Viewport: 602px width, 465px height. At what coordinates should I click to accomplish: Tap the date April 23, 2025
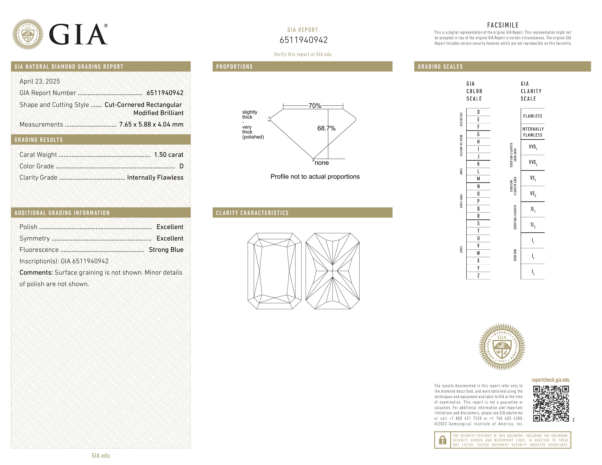click(x=40, y=81)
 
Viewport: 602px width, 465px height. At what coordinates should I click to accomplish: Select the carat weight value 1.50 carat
click(x=168, y=154)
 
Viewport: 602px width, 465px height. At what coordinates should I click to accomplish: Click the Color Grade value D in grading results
click(x=181, y=166)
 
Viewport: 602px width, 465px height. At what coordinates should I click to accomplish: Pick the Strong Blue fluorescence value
click(x=166, y=250)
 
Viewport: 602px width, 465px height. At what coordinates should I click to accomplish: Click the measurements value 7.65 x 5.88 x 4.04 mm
click(x=151, y=124)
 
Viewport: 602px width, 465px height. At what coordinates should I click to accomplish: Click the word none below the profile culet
click(x=321, y=163)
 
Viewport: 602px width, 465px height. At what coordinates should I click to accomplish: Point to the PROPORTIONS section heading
click(x=234, y=67)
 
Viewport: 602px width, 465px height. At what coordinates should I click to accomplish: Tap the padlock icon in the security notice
click(x=442, y=440)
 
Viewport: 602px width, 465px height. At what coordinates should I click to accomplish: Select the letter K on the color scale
click(x=478, y=164)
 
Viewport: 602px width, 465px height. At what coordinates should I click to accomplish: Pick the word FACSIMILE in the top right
click(x=503, y=25)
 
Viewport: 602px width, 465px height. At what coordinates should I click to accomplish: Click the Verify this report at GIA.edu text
click(x=303, y=54)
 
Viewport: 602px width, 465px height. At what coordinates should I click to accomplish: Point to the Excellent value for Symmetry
click(x=170, y=238)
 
